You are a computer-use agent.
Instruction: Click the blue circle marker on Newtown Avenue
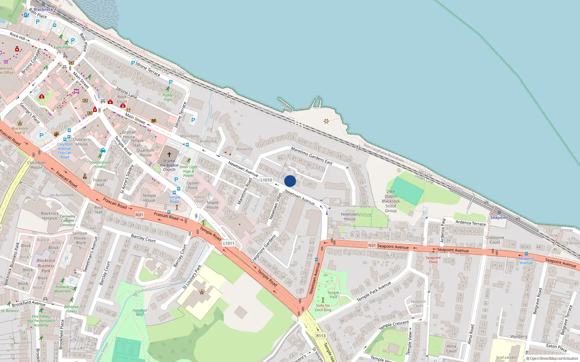(x=290, y=181)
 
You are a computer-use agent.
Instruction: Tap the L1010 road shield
(x=266, y=180)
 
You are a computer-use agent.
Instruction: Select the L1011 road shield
(x=229, y=243)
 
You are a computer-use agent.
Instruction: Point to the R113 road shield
(x=321, y=336)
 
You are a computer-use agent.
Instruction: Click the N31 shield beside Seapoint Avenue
(x=372, y=245)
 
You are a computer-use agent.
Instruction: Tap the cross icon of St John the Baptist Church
(x=169, y=154)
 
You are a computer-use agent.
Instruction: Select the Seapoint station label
(x=499, y=218)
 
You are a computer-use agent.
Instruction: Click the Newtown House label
(x=349, y=216)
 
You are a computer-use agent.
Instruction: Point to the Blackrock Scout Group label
(x=391, y=201)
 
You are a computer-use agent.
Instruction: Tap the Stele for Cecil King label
(x=323, y=308)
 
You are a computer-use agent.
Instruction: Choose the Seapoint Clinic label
(x=433, y=260)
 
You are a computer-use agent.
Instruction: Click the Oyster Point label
(x=192, y=185)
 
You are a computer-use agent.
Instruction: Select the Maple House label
(x=213, y=205)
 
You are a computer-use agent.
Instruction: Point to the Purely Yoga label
(x=167, y=97)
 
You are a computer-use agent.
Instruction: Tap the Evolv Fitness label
(x=64, y=47)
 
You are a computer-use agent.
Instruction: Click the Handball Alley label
(x=140, y=312)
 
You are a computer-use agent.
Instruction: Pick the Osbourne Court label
(x=495, y=240)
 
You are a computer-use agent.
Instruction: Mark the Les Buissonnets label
(x=62, y=195)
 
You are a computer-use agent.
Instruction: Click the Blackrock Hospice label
(x=50, y=216)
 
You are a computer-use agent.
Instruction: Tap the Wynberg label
(x=519, y=336)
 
